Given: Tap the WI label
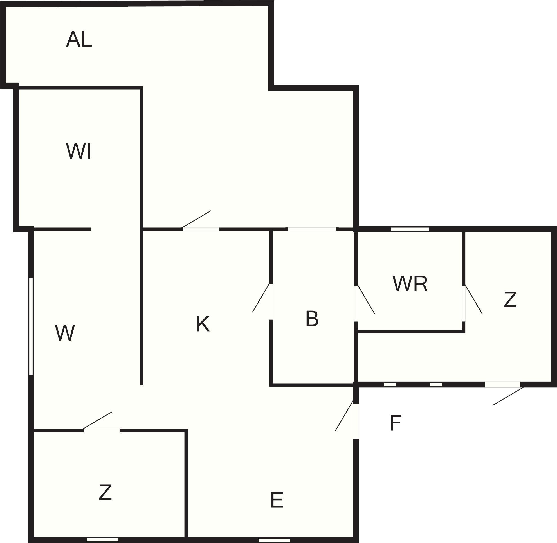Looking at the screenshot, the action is [x=79, y=151].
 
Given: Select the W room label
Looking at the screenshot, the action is [x=65, y=333].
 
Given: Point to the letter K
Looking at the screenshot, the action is [x=203, y=324].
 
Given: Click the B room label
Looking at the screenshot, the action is [x=312, y=319].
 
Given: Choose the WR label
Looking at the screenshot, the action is [x=410, y=284].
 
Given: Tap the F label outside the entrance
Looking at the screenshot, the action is [x=396, y=423].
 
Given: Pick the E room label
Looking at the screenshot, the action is [x=277, y=500].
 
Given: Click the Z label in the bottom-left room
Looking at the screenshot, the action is [x=105, y=492].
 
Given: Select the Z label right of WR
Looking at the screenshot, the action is [x=510, y=299].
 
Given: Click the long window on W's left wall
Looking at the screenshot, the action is [x=31, y=326].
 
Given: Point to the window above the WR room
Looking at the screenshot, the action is [x=410, y=229].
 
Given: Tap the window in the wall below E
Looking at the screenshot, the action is [x=274, y=540].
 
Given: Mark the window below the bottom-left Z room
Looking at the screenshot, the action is [x=102, y=540].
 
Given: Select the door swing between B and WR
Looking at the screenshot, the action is [x=366, y=299].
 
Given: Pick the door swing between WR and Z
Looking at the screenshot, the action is [x=474, y=299].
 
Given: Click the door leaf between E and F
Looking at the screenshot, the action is [x=344, y=416].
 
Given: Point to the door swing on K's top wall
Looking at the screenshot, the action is [x=196, y=219].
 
